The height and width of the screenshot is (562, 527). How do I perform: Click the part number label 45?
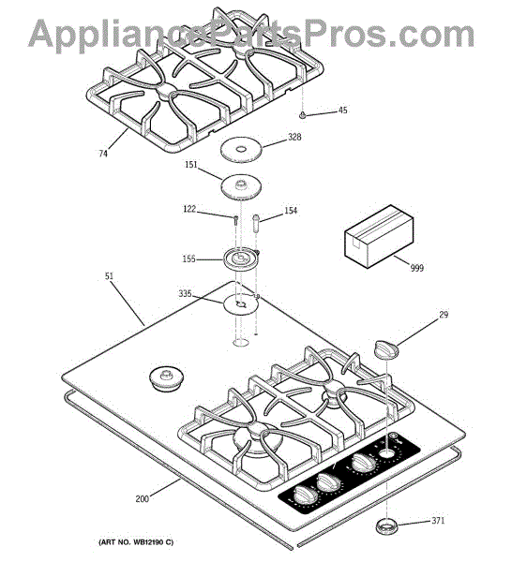click(x=342, y=110)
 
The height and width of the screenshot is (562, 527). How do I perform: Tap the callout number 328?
click(x=294, y=137)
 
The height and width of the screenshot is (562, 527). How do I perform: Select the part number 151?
click(x=191, y=164)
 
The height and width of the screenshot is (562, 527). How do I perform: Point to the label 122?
click(x=189, y=209)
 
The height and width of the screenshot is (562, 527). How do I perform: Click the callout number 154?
click(x=291, y=211)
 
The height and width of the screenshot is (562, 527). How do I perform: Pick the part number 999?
click(x=417, y=268)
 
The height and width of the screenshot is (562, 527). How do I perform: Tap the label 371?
click(x=438, y=521)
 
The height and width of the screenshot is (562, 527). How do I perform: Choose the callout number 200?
click(x=142, y=498)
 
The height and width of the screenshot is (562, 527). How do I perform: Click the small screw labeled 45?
click(x=303, y=115)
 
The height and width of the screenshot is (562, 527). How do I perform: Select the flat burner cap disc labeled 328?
click(x=241, y=149)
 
